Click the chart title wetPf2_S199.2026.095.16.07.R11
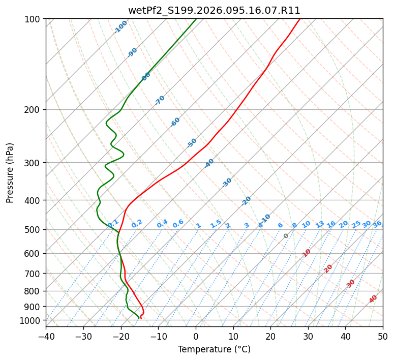coord(214,10)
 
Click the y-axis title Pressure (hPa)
coord(10,173)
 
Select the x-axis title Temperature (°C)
coord(214,349)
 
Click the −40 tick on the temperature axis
coord(46,336)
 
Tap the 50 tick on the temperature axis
coord(383,336)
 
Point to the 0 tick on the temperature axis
coord(196,336)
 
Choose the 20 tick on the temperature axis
coord(270,336)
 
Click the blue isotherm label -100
coord(121,27)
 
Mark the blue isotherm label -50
coord(192,143)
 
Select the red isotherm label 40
coord(373,299)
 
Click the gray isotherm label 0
coord(286,236)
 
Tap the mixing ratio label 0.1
coord(113,223)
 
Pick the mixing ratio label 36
coord(377,224)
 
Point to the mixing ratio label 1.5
coord(216,223)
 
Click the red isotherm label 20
coord(328,268)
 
